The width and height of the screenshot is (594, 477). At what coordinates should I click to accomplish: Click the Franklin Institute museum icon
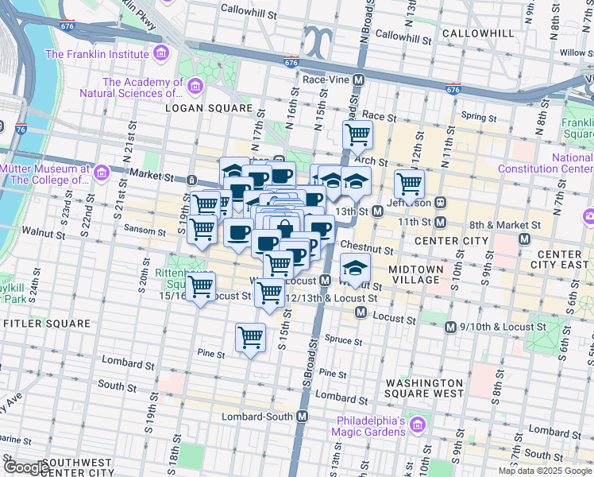(x=161, y=54)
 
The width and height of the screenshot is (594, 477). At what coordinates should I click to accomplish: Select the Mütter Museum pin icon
(x=100, y=173)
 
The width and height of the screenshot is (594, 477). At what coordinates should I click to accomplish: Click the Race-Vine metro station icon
(x=359, y=80)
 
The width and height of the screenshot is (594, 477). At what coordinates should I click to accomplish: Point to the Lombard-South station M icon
(x=302, y=417)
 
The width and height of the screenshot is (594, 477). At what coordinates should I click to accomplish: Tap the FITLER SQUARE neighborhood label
(x=47, y=324)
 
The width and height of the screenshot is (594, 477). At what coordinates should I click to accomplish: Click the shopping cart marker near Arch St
(x=358, y=134)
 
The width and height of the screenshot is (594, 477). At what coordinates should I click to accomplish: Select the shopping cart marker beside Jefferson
(x=410, y=184)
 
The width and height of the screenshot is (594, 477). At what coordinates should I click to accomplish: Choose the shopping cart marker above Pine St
(x=251, y=337)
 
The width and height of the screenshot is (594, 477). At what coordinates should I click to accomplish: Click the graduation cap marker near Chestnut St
(x=355, y=270)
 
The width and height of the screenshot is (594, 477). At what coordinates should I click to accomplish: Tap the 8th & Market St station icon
(x=523, y=238)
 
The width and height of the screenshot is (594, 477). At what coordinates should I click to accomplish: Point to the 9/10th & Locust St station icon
(x=451, y=327)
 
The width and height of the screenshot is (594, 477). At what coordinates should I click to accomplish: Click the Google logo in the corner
(x=25, y=467)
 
